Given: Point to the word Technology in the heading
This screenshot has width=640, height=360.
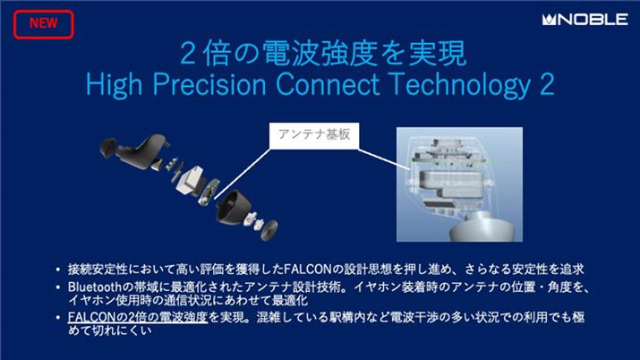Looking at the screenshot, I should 478,83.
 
